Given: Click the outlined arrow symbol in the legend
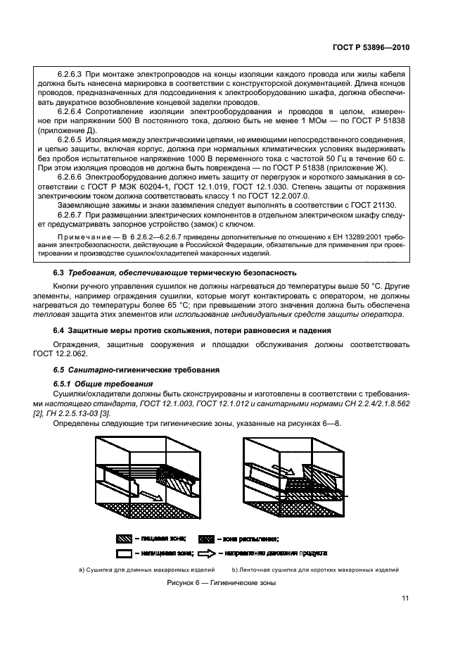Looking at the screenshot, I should (208, 553).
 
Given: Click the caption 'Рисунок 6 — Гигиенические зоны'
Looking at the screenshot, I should (221, 584).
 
